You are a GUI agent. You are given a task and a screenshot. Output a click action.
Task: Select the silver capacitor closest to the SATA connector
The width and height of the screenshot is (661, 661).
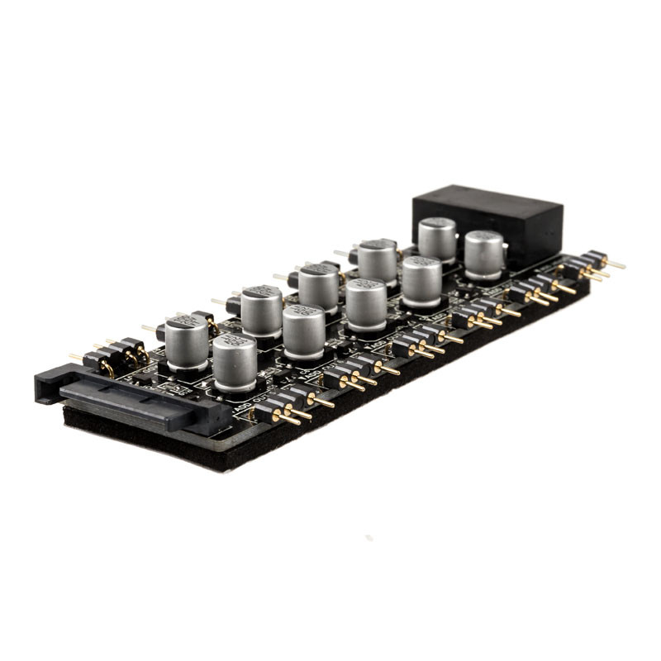click(234, 362)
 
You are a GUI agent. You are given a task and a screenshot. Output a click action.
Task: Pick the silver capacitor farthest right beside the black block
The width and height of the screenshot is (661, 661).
click(484, 254)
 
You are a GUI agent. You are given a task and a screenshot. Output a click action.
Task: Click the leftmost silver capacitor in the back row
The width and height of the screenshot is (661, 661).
click(186, 340)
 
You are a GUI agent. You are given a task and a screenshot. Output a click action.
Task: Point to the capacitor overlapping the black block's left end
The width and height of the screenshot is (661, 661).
click(437, 239)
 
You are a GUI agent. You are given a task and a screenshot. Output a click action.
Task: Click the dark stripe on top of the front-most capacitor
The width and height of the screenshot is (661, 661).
click(234, 342)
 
